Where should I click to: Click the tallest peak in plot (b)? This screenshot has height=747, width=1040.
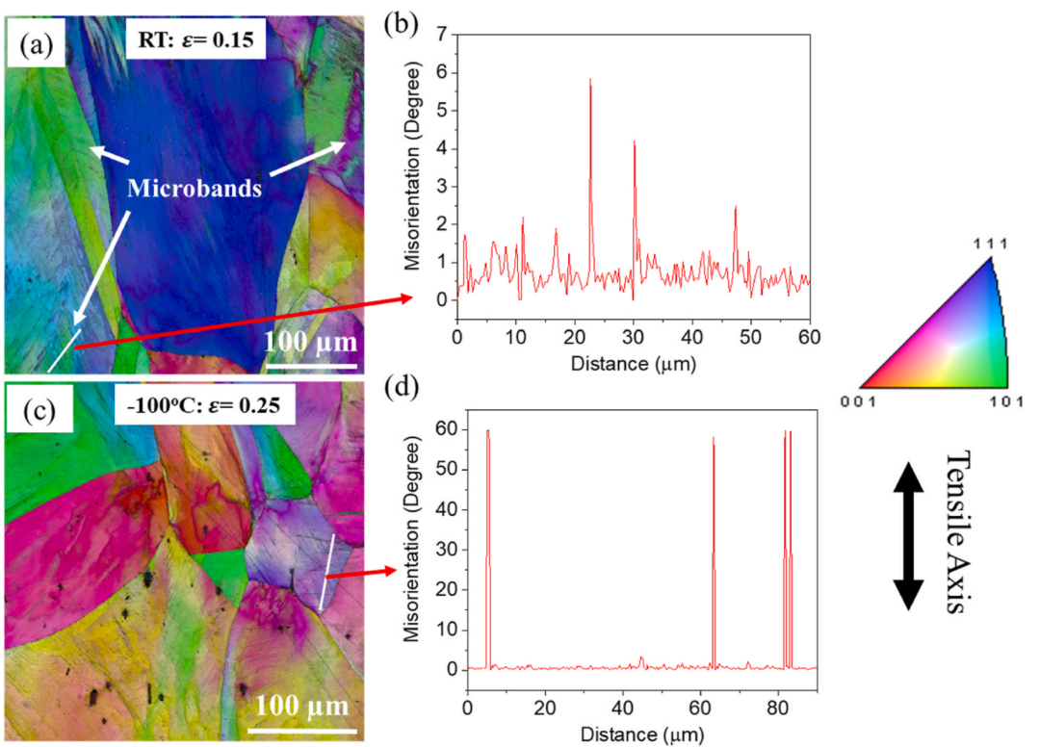(x=590, y=82)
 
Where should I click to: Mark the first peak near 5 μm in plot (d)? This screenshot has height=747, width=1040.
(x=488, y=432)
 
